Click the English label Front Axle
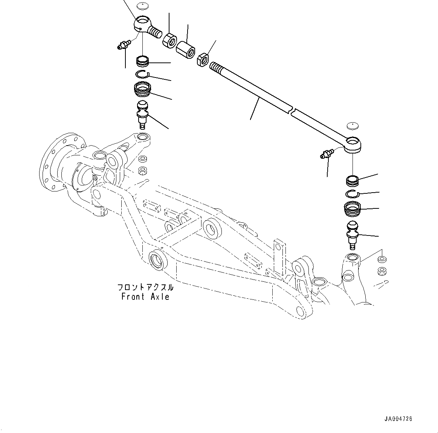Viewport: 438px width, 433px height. pos(145,297)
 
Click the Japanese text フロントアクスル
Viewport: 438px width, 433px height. pos(145,288)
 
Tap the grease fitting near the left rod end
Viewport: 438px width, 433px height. pos(124,46)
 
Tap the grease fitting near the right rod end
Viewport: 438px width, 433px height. pos(326,153)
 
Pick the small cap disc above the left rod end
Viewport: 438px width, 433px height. pos(142,6)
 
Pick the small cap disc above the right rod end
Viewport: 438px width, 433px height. pos(353,125)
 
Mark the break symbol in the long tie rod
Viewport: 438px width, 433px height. pos(292,110)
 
